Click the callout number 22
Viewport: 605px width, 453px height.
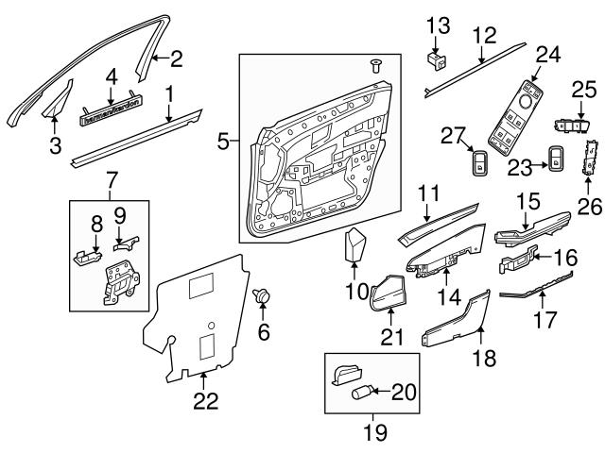[205, 401]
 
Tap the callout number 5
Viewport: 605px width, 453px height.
[224, 143]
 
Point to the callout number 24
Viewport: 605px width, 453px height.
[542, 53]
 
